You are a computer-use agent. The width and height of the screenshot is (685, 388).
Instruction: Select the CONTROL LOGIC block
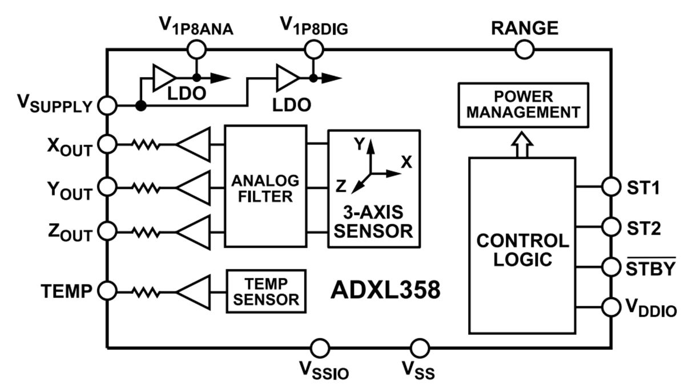pos(522,245)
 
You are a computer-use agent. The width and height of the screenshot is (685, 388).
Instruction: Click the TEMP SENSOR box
pos(267,291)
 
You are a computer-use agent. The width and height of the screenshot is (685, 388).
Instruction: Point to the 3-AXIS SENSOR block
pos(373,188)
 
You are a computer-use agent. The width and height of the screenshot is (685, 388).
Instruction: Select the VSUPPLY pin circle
pos(107,106)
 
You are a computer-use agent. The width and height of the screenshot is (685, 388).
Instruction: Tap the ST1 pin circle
pos(611,186)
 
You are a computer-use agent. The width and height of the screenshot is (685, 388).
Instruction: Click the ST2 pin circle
pos(611,227)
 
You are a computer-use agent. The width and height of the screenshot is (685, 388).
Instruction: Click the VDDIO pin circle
pos(611,307)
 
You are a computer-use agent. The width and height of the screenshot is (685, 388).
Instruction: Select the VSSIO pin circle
pos(319,347)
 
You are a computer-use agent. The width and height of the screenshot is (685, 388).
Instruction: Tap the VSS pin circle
pos(420,347)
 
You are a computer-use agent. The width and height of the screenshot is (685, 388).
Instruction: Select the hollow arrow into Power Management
pos(523,142)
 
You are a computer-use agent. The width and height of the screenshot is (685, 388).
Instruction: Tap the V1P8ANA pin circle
pos(197,50)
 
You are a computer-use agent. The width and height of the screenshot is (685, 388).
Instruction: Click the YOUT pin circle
pos(107,186)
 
